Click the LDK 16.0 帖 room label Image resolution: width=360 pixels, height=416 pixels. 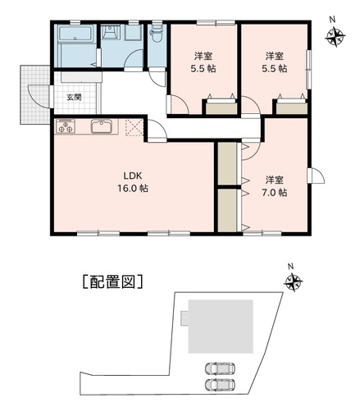tap(133, 182)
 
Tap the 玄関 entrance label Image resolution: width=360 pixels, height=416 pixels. tap(74, 97)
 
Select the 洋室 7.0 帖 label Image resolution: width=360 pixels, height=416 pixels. tap(274, 186)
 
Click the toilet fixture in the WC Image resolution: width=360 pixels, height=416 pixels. tap(156, 35)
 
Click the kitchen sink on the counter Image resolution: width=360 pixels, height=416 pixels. tap(102, 126)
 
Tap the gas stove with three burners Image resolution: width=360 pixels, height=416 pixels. tap(66, 126)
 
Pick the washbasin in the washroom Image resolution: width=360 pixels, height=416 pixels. tap(111, 32)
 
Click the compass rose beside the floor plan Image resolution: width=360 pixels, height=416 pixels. tap(335, 36)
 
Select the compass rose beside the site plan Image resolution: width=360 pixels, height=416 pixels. tap(294, 281)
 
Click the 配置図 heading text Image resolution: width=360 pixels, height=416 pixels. tap(112, 281)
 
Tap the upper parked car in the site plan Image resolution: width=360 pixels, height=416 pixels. tap(220, 368)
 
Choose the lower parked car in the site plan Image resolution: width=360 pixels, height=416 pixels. tap(220, 385)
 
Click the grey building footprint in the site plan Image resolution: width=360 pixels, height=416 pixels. tap(221, 327)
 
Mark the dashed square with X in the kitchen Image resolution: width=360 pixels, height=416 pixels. tap(134, 127)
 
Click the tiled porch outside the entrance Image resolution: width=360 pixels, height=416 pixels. tap(34, 94)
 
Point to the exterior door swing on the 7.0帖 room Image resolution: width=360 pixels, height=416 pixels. tap(317, 176)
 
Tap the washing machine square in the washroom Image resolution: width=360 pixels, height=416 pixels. tap(133, 33)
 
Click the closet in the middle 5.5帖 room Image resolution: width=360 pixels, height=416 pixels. tap(221, 107)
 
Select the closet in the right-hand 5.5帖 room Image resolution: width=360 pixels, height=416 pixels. tap(291, 107)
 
